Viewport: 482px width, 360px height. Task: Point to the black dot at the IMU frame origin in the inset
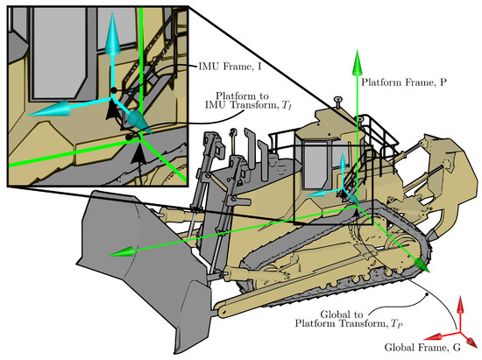point(114,90)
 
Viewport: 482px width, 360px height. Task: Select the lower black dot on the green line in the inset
point(129,138)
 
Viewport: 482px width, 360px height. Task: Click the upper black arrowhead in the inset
point(114,109)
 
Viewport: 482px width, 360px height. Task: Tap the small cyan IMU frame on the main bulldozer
point(343,184)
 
